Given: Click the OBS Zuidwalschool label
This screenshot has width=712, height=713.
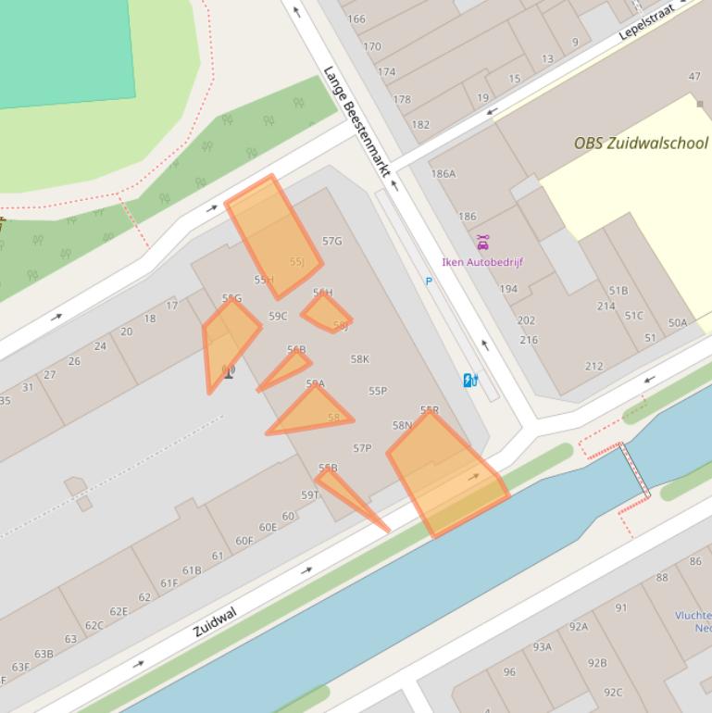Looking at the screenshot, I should (641, 144).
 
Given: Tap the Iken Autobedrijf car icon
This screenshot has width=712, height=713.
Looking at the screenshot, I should (482, 243).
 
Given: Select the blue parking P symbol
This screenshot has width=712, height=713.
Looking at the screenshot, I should (429, 281).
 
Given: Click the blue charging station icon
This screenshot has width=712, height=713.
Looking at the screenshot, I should (470, 380).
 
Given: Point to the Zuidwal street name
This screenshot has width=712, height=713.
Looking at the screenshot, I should (215, 621).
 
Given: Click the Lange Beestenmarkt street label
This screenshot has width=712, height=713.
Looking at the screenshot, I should (357, 121).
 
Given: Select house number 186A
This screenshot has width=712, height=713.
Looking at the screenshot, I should (443, 173).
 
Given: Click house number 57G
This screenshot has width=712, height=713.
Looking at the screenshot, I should (331, 241).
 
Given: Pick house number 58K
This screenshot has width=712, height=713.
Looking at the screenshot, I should (360, 359).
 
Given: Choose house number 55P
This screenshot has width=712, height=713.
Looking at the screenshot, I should (378, 391).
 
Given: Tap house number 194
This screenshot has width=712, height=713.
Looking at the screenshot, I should (508, 289).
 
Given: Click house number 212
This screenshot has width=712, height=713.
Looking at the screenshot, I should (593, 366).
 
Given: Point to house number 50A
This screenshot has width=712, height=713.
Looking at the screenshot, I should (678, 322).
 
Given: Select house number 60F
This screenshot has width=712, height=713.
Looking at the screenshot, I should (244, 541).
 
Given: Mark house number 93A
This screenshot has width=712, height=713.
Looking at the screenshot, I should (542, 646).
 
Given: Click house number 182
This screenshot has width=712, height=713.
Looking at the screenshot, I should (420, 124).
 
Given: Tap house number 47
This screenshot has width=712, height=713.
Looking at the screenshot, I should (694, 76).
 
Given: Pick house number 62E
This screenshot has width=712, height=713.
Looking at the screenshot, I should (119, 611).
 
